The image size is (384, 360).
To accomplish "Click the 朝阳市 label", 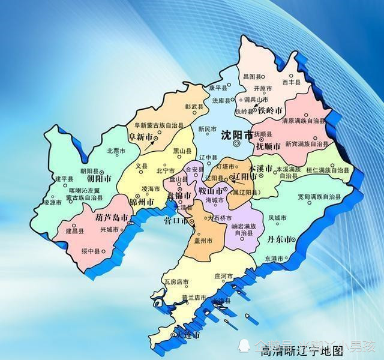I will [99, 179].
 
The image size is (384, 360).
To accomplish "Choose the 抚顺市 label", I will [269, 145].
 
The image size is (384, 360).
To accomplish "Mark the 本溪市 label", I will [261, 168].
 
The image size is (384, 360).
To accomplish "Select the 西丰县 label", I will [290, 82].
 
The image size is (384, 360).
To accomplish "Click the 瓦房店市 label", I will [176, 281].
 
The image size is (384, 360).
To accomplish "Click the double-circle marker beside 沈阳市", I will [237, 144].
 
